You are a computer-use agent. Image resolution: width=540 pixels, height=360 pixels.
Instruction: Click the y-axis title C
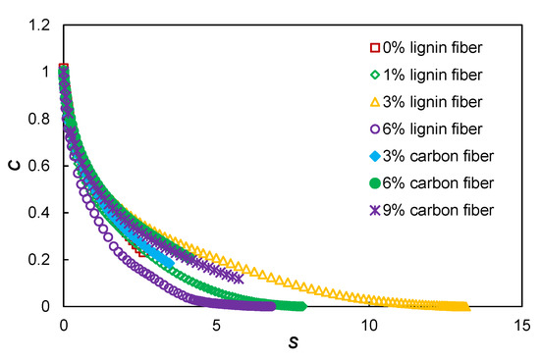coord(15,164)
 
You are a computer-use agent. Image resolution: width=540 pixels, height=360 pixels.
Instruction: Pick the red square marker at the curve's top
coord(64,69)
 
